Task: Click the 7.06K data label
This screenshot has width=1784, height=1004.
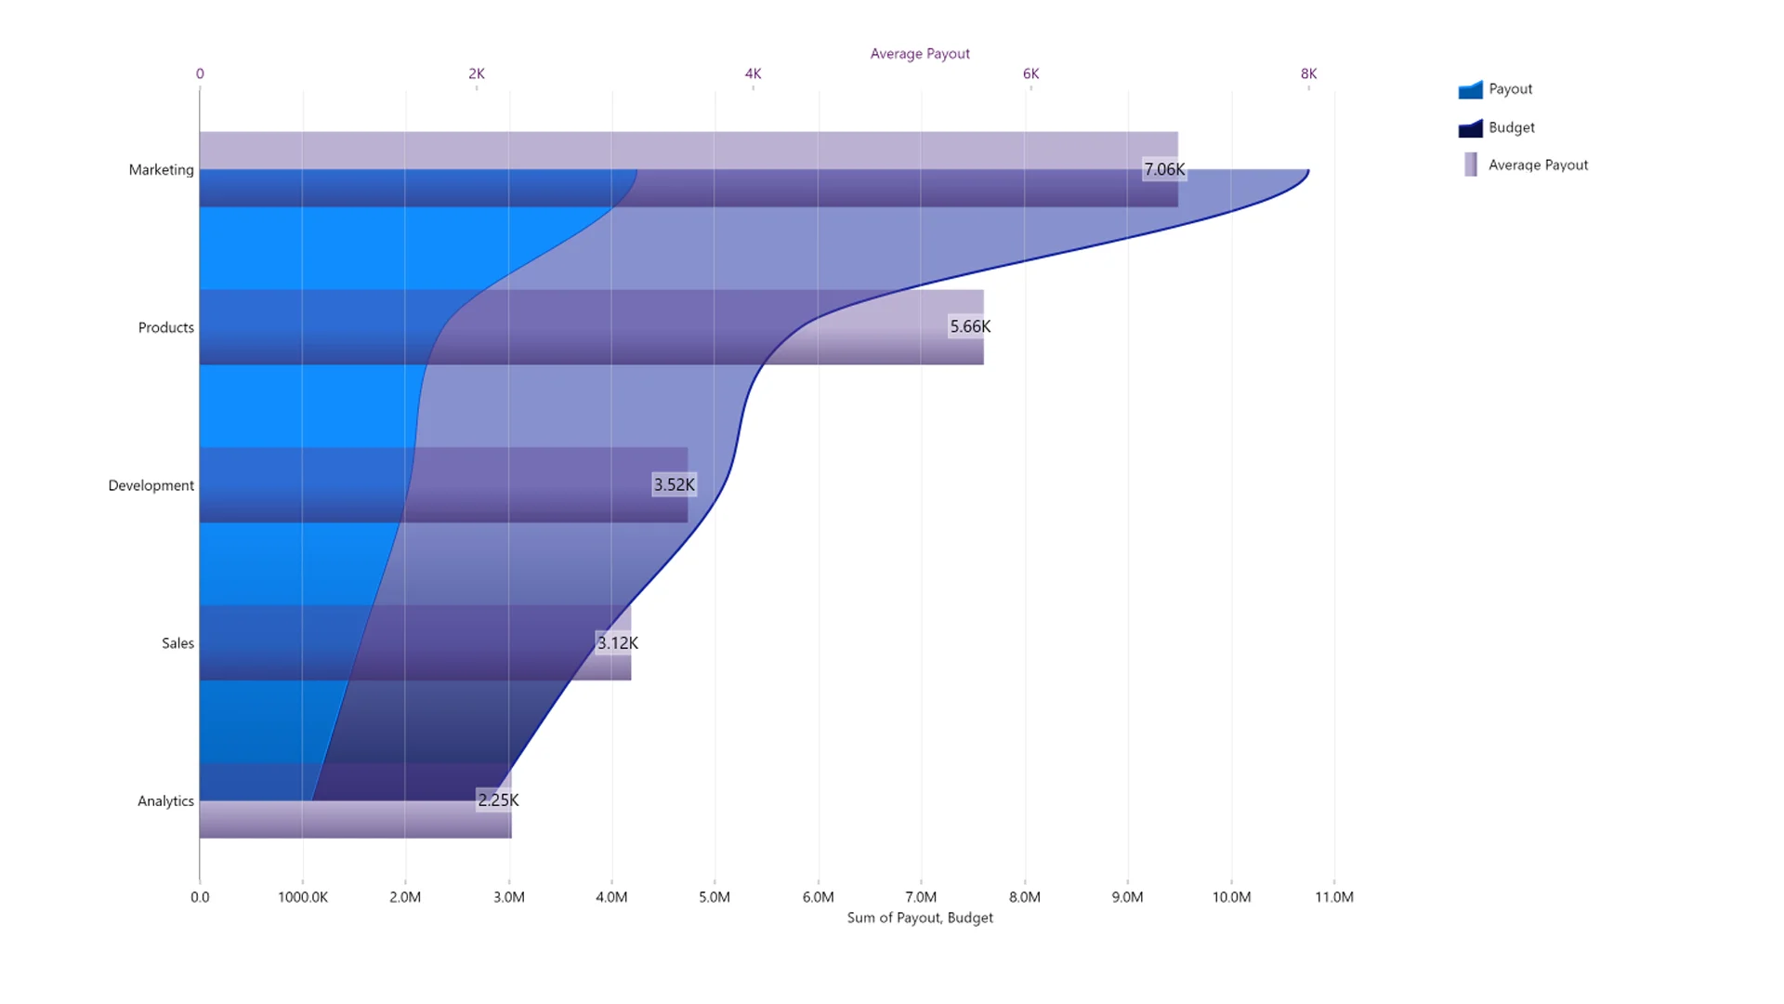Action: coord(1163,169)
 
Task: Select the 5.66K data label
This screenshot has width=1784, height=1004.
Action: coord(969,326)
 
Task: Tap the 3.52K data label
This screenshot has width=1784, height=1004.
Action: coord(674,484)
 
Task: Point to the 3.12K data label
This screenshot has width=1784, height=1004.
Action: coord(617,642)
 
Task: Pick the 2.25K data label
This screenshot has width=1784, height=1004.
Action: coord(498,799)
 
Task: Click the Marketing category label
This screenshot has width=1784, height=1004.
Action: coord(161,169)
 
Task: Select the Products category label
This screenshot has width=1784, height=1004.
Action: coord(165,327)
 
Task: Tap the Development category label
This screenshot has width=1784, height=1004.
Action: coord(151,485)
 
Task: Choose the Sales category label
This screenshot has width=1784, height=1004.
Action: coord(177,643)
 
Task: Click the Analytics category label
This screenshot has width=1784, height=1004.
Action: coord(165,800)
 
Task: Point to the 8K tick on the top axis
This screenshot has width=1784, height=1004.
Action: coord(1308,73)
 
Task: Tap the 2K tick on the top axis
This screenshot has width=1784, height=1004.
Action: coord(476,73)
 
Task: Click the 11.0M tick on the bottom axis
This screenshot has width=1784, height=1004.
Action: coord(1333,897)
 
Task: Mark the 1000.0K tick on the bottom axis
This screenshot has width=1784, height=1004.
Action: coord(303,897)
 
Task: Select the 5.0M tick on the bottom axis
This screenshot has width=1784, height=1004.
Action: coord(715,897)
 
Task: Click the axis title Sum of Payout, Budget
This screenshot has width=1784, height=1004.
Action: coord(920,918)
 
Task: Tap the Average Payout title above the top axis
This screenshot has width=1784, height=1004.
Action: coord(920,54)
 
